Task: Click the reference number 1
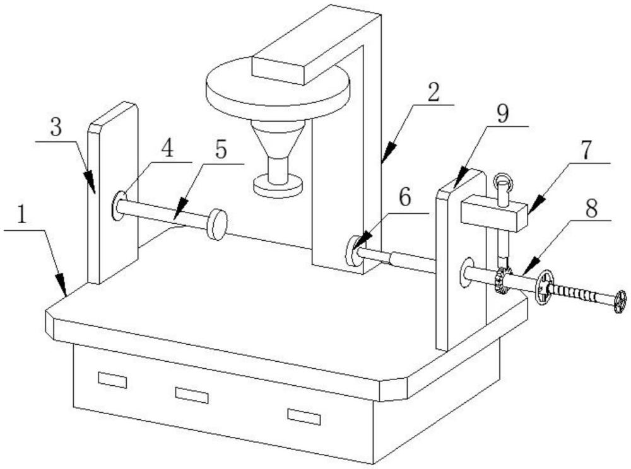point(21,215)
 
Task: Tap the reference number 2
point(434,93)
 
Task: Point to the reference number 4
point(167,149)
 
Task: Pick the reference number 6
point(405,198)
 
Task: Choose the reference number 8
point(591,209)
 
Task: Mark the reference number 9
point(502,113)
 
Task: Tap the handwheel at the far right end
point(620,302)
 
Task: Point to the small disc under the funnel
point(278,187)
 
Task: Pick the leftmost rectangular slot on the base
point(113,380)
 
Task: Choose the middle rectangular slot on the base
point(192,395)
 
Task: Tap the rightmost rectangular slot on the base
point(304,417)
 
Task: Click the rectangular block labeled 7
point(494,215)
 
